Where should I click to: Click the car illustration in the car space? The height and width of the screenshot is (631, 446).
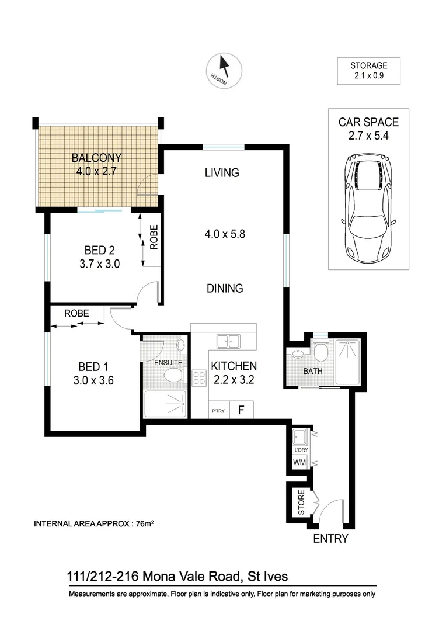pyautogui.click(x=368, y=210)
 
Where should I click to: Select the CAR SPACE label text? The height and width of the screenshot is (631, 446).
pyautogui.click(x=368, y=123)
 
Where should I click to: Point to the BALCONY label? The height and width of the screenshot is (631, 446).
pyautogui.click(x=96, y=158)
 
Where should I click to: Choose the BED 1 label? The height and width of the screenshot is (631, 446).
pyautogui.click(x=93, y=367)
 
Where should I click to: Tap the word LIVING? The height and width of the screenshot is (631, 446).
pyautogui.click(x=222, y=172)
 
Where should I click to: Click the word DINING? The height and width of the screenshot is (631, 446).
pyautogui.click(x=224, y=288)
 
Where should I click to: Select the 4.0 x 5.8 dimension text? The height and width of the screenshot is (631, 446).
pyautogui.click(x=224, y=234)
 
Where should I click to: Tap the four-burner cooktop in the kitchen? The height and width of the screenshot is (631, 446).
pyautogui.click(x=200, y=378)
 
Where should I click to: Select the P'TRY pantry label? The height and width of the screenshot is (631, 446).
pyautogui.click(x=218, y=411)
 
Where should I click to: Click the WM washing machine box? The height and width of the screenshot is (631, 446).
pyautogui.click(x=299, y=463)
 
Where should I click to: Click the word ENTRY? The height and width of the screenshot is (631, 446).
pyautogui.click(x=330, y=539)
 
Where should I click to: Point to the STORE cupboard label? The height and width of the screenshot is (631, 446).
pyautogui.click(x=301, y=502)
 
